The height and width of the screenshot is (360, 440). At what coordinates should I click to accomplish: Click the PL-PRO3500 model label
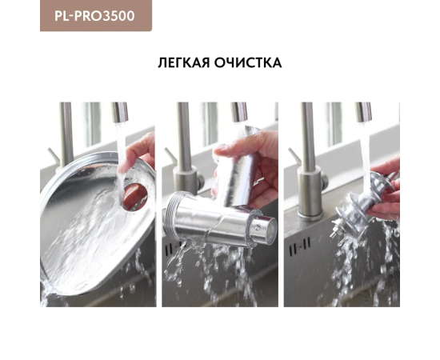pyautogui.click(x=94, y=16)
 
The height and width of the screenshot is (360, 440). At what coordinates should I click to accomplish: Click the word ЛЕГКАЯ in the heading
pyautogui.click(x=184, y=62)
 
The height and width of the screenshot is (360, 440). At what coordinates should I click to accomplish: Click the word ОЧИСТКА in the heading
pyautogui.click(x=248, y=62)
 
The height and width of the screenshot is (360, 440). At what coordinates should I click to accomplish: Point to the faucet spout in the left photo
pyautogui.click(x=120, y=112)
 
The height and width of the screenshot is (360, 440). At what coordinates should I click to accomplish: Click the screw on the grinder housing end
pyautogui.click(x=258, y=228)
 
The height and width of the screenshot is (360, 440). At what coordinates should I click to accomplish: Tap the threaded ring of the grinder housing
pyautogui.click(x=169, y=216)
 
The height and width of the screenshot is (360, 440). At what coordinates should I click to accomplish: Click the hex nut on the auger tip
pyautogui.click(x=334, y=232)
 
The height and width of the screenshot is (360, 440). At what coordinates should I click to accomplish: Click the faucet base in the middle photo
pyautogui.click(x=186, y=179)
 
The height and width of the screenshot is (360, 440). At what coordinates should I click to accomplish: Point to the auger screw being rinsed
pyautogui.click(x=362, y=202)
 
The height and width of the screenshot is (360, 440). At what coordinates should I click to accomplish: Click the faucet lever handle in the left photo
pyautogui.click(x=54, y=157)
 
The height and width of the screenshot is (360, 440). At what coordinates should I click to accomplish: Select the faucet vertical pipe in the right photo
pyautogui.click(x=307, y=134)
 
